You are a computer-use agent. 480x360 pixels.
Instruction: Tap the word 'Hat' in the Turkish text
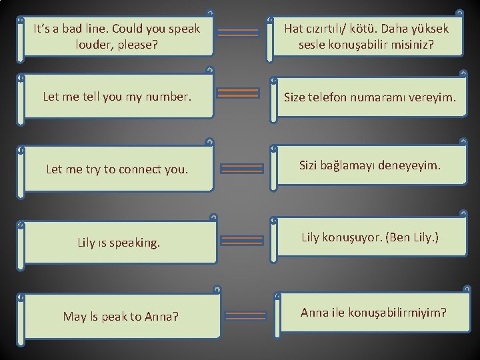click(x=295, y=29)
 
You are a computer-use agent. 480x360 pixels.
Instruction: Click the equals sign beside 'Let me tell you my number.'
click(x=238, y=93)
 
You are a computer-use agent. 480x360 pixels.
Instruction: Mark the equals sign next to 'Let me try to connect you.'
click(x=237, y=168)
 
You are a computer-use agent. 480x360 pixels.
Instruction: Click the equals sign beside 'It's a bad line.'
click(x=238, y=32)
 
